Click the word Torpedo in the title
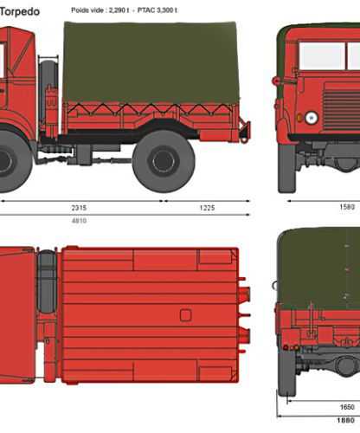(x=19, y=12)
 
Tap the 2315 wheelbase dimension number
(x=79, y=208)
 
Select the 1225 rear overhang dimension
(x=207, y=208)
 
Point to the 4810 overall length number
(x=79, y=221)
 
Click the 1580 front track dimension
(x=347, y=207)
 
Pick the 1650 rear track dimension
(x=347, y=407)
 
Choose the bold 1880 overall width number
(x=345, y=420)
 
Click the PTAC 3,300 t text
(x=157, y=10)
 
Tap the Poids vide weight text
(x=100, y=10)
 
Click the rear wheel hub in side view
(x=164, y=161)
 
